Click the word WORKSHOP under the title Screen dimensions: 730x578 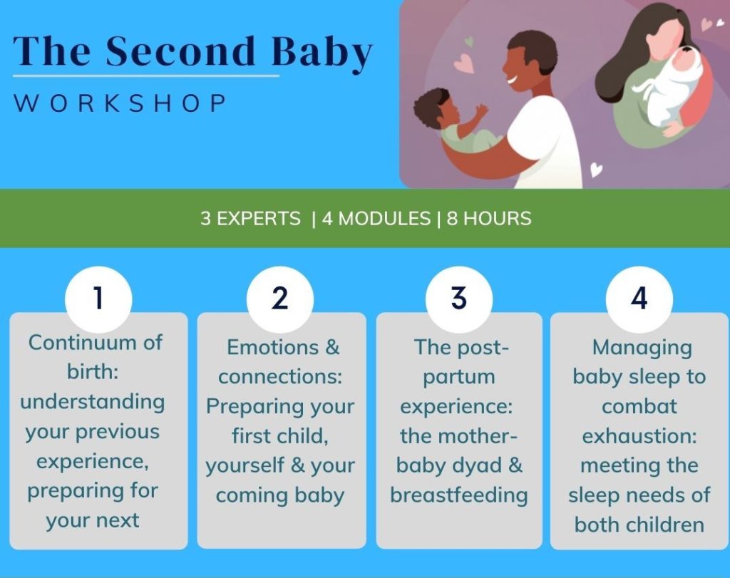tap(120, 103)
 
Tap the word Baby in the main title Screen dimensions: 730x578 tap(322, 53)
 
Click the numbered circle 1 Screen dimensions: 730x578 tap(98, 299)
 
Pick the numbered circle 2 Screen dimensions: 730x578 tap(279, 299)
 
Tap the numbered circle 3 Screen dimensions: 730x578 tap(459, 299)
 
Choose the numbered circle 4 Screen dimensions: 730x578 tap(639, 299)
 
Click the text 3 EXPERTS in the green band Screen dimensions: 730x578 tap(250, 219)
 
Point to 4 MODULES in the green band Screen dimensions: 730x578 tap(376, 219)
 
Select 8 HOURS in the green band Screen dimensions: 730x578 tap(489, 219)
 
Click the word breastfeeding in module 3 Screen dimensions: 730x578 tap(459, 495)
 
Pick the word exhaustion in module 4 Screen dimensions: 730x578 tap(639, 436)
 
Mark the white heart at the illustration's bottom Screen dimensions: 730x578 tap(597, 170)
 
